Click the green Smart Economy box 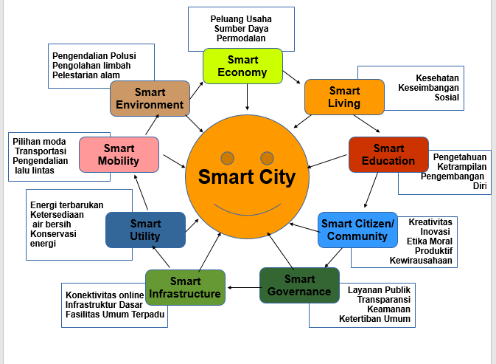tap(242, 65)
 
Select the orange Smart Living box tap(344, 97)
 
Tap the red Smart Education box tap(388, 154)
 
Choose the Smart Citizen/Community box tap(357, 230)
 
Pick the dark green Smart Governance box tap(299, 285)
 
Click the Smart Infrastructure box tap(185, 287)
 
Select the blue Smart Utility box tap(145, 229)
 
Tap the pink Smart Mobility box tap(119, 154)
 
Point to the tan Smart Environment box tap(150, 98)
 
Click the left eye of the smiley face tap(228, 157)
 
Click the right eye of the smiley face tap(267, 157)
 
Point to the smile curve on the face tap(246, 211)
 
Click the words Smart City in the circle tap(246, 177)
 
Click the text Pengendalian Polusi tap(94, 55)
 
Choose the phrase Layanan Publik tap(379, 289)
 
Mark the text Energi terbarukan tap(66, 205)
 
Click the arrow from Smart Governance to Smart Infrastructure tap(242, 286)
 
